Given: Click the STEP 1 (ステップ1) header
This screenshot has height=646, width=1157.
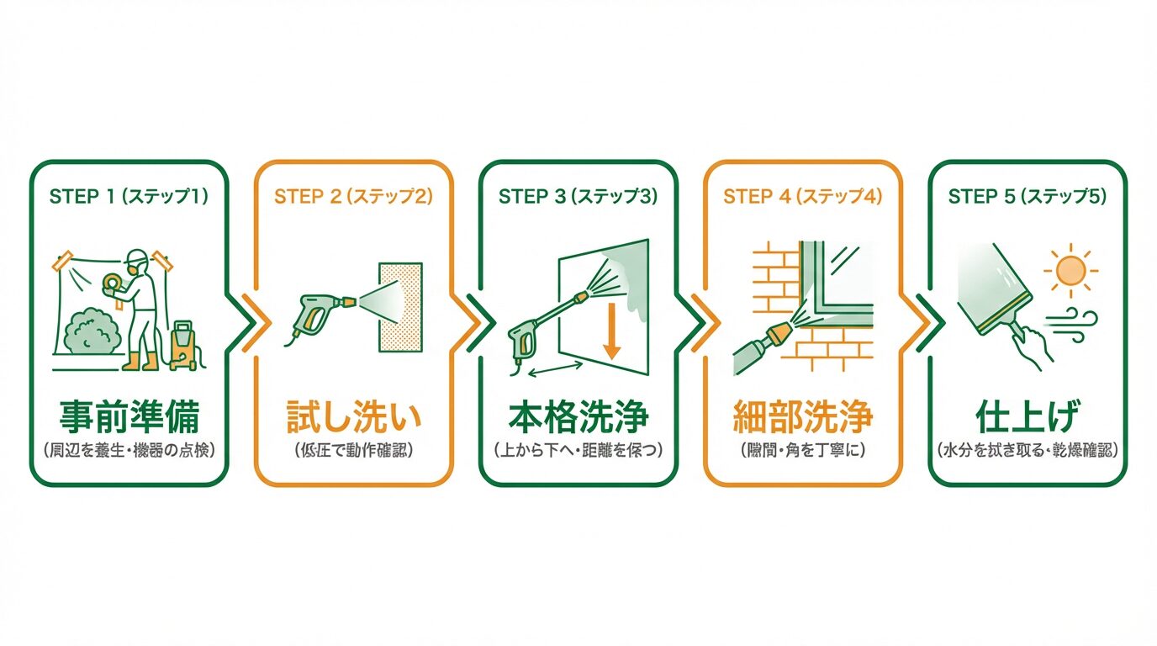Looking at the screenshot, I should coord(129,197).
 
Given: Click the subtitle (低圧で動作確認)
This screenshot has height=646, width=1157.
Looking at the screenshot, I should coord(353,450).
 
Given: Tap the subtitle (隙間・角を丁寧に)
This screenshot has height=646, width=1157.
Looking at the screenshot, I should coord(803,450).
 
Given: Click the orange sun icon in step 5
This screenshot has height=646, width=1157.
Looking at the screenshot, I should coord(1070,269).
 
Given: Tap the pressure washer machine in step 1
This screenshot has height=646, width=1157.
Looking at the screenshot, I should coord(185,345).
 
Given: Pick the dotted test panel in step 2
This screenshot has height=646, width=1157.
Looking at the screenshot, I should coord(400,307).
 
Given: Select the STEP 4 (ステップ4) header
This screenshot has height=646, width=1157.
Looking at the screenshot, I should coord(803,197).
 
